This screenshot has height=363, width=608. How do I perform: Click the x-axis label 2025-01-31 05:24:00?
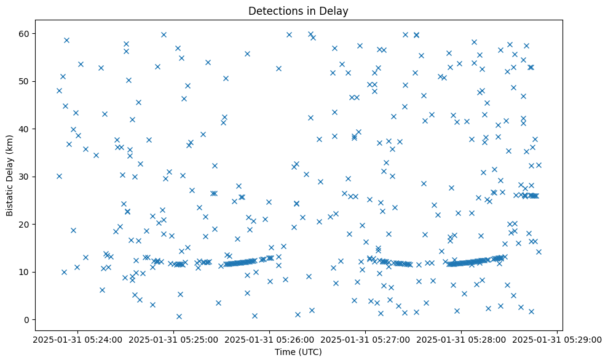(x=77, y=339)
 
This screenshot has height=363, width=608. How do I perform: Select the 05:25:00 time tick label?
(x=173, y=339)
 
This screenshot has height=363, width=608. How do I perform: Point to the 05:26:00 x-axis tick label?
(x=269, y=339)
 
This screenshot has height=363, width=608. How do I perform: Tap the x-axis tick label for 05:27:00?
(x=365, y=339)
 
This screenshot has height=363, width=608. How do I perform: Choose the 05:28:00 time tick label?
(x=461, y=339)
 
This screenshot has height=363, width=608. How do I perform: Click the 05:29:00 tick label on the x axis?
(x=557, y=339)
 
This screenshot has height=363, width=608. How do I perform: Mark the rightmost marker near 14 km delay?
(x=539, y=252)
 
